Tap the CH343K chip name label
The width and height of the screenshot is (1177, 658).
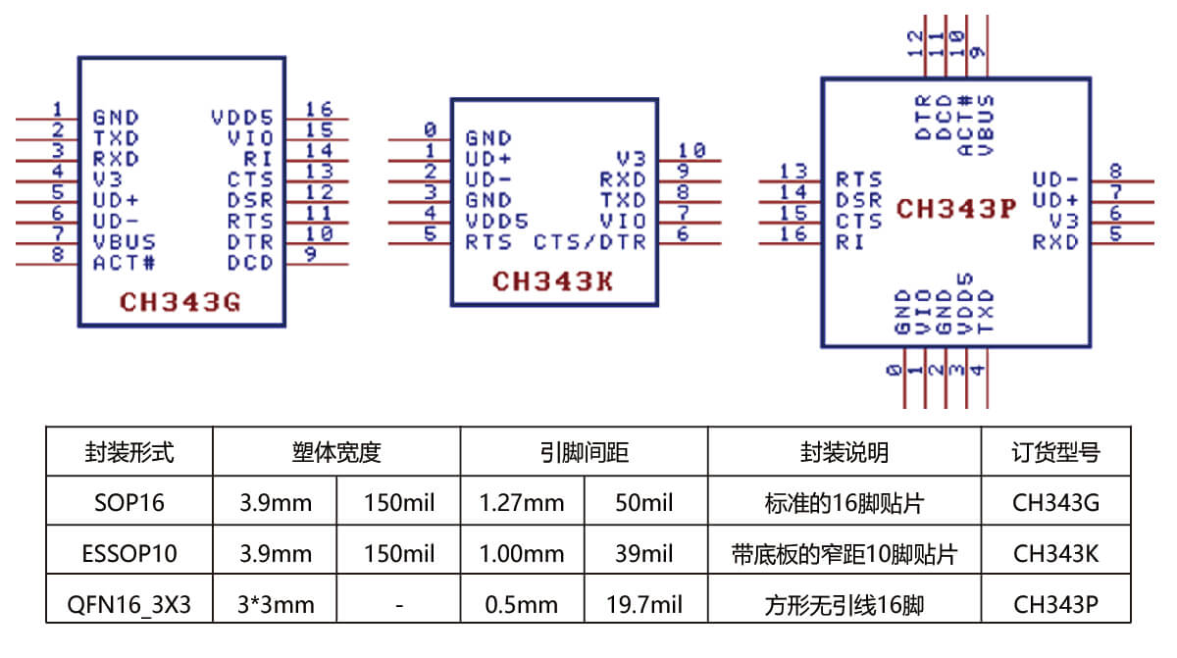click(x=552, y=281)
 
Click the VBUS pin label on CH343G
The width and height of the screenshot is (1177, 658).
click(x=124, y=241)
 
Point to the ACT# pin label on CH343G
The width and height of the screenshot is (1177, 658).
click(x=124, y=263)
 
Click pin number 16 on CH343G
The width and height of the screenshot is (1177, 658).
click(x=319, y=109)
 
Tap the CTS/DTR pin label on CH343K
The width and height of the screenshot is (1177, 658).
click(x=589, y=241)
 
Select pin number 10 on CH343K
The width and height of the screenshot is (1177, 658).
click(x=691, y=151)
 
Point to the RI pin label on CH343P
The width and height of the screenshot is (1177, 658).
click(x=849, y=241)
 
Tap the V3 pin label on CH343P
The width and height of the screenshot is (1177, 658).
click(x=1063, y=221)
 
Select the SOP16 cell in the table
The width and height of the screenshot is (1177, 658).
click(x=128, y=503)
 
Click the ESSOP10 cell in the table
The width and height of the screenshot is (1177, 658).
click(x=128, y=553)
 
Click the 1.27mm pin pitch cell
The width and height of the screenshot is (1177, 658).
click(x=522, y=503)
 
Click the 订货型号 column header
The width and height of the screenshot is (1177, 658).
click(x=1055, y=452)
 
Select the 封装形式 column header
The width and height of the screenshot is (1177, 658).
click(x=128, y=452)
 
